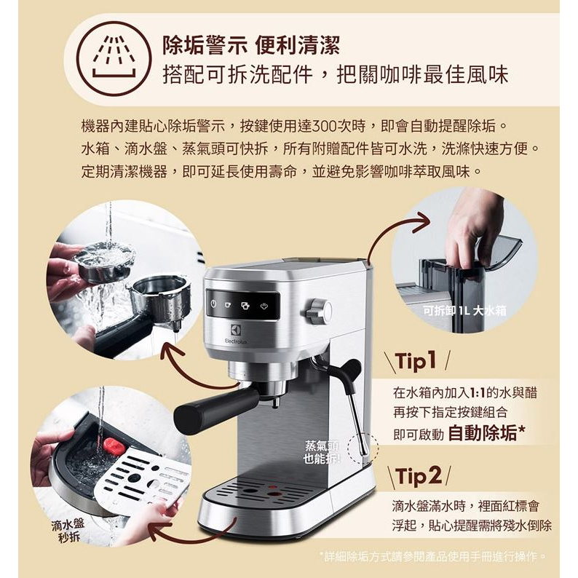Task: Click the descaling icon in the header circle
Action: tap(114, 59)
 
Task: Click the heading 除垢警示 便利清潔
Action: tap(251, 45)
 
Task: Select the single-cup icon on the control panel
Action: tap(227, 304)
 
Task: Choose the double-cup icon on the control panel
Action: tap(245, 305)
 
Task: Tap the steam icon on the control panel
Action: tap(264, 305)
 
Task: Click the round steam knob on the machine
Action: tap(319, 309)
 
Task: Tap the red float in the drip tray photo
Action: tap(114, 446)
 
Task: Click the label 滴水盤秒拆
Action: tap(68, 531)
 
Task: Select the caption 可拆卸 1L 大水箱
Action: tap(464, 311)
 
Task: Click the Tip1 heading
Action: tap(416, 360)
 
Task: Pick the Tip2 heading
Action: tap(419, 475)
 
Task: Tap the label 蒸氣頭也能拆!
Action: tap(322, 452)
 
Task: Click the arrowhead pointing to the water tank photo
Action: tap(421, 222)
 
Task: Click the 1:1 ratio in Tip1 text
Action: tap(478, 392)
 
